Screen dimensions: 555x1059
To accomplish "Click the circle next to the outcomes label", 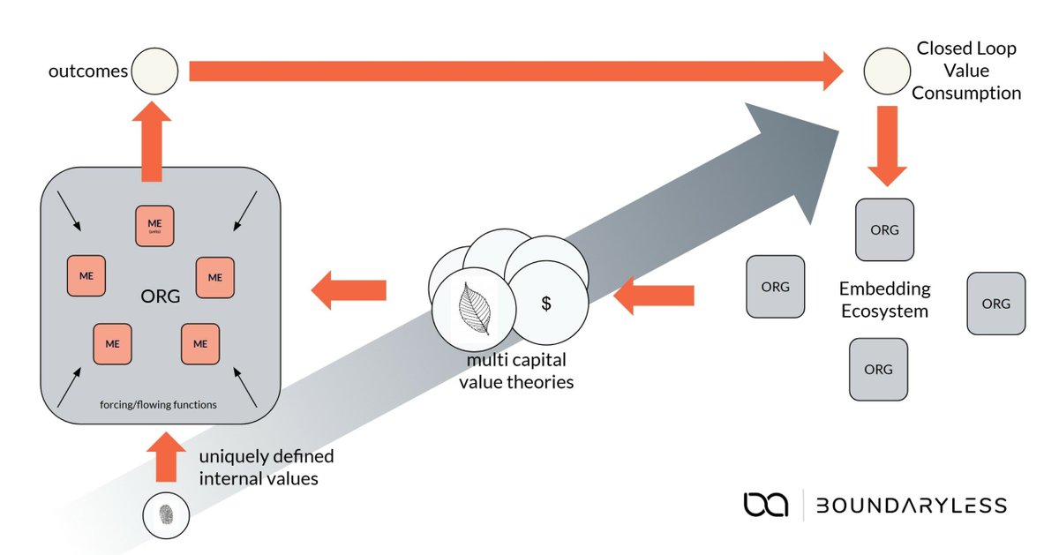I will click(x=155, y=71).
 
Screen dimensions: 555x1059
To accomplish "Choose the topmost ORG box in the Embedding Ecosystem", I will click(x=884, y=229).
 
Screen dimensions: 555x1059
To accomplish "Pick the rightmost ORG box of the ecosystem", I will click(x=996, y=304).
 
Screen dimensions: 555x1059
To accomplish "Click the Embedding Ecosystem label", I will click(x=884, y=299).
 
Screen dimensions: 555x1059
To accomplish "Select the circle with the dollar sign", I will click(x=547, y=304).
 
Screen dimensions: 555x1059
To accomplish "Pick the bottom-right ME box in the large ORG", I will click(x=201, y=342).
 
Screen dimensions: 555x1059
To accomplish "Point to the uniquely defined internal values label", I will click(x=265, y=469).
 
